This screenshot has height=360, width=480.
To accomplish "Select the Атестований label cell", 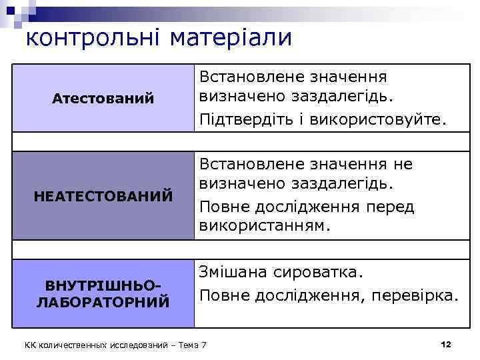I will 103,99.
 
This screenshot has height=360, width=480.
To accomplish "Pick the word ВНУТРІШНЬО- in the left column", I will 103,286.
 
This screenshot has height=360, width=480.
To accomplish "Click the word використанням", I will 265,225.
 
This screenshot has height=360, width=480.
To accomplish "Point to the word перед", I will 390,207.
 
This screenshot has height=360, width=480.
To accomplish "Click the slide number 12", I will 446,344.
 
